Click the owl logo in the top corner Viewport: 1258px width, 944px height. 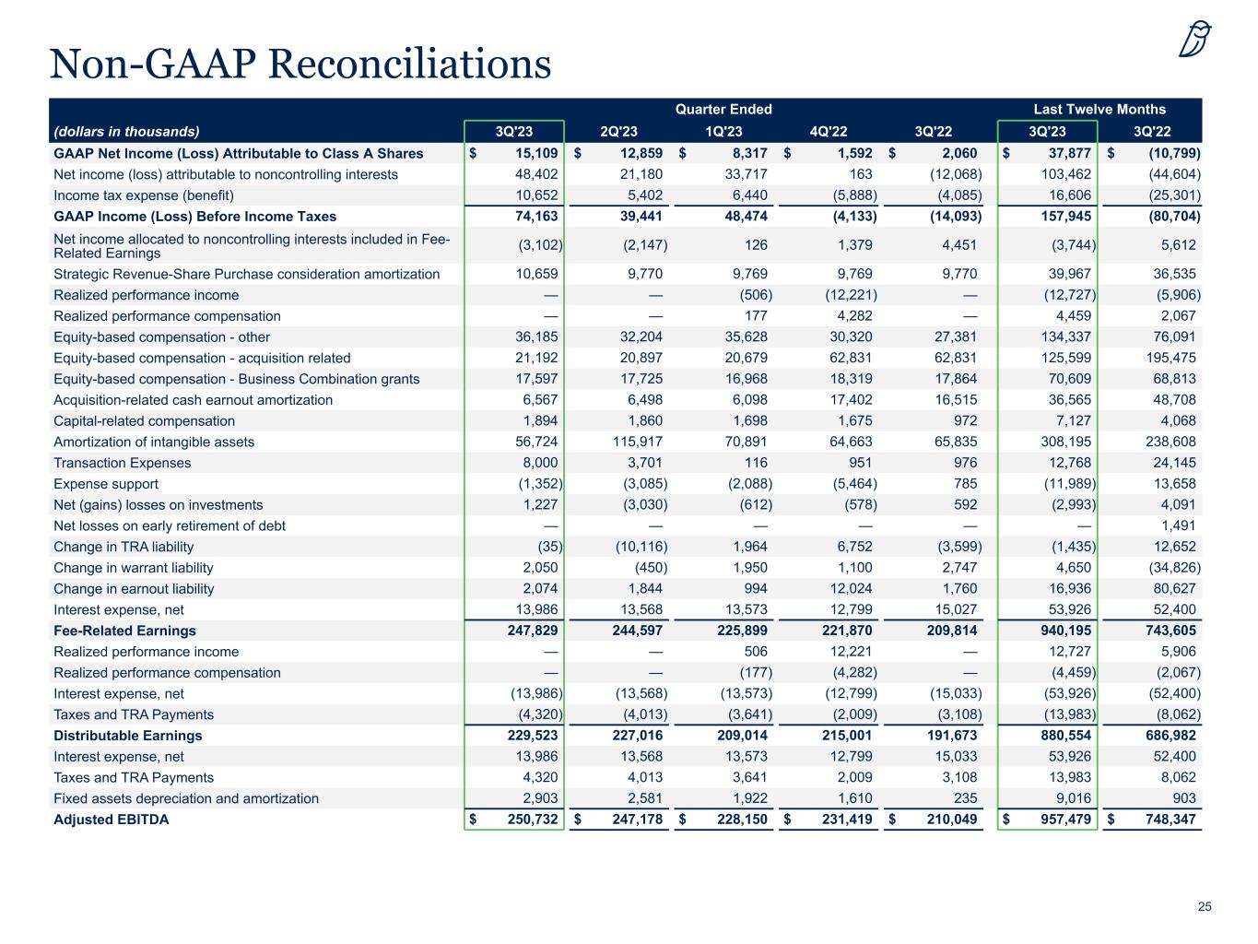point(1195,40)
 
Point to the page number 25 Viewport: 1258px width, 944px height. point(1205,907)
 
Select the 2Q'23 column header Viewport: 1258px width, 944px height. point(618,132)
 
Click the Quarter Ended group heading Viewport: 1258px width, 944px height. point(723,110)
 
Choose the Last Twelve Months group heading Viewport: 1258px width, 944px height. point(1099,110)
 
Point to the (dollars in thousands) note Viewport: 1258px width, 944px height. point(126,132)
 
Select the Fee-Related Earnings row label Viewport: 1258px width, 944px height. point(124,631)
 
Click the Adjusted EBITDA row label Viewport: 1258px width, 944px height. point(111,820)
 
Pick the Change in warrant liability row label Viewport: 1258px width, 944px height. point(133,568)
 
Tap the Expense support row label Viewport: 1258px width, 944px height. point(106,484)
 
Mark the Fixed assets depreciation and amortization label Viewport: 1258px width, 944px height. point(186,798)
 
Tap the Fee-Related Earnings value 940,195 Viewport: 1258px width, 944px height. point(1066,631)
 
